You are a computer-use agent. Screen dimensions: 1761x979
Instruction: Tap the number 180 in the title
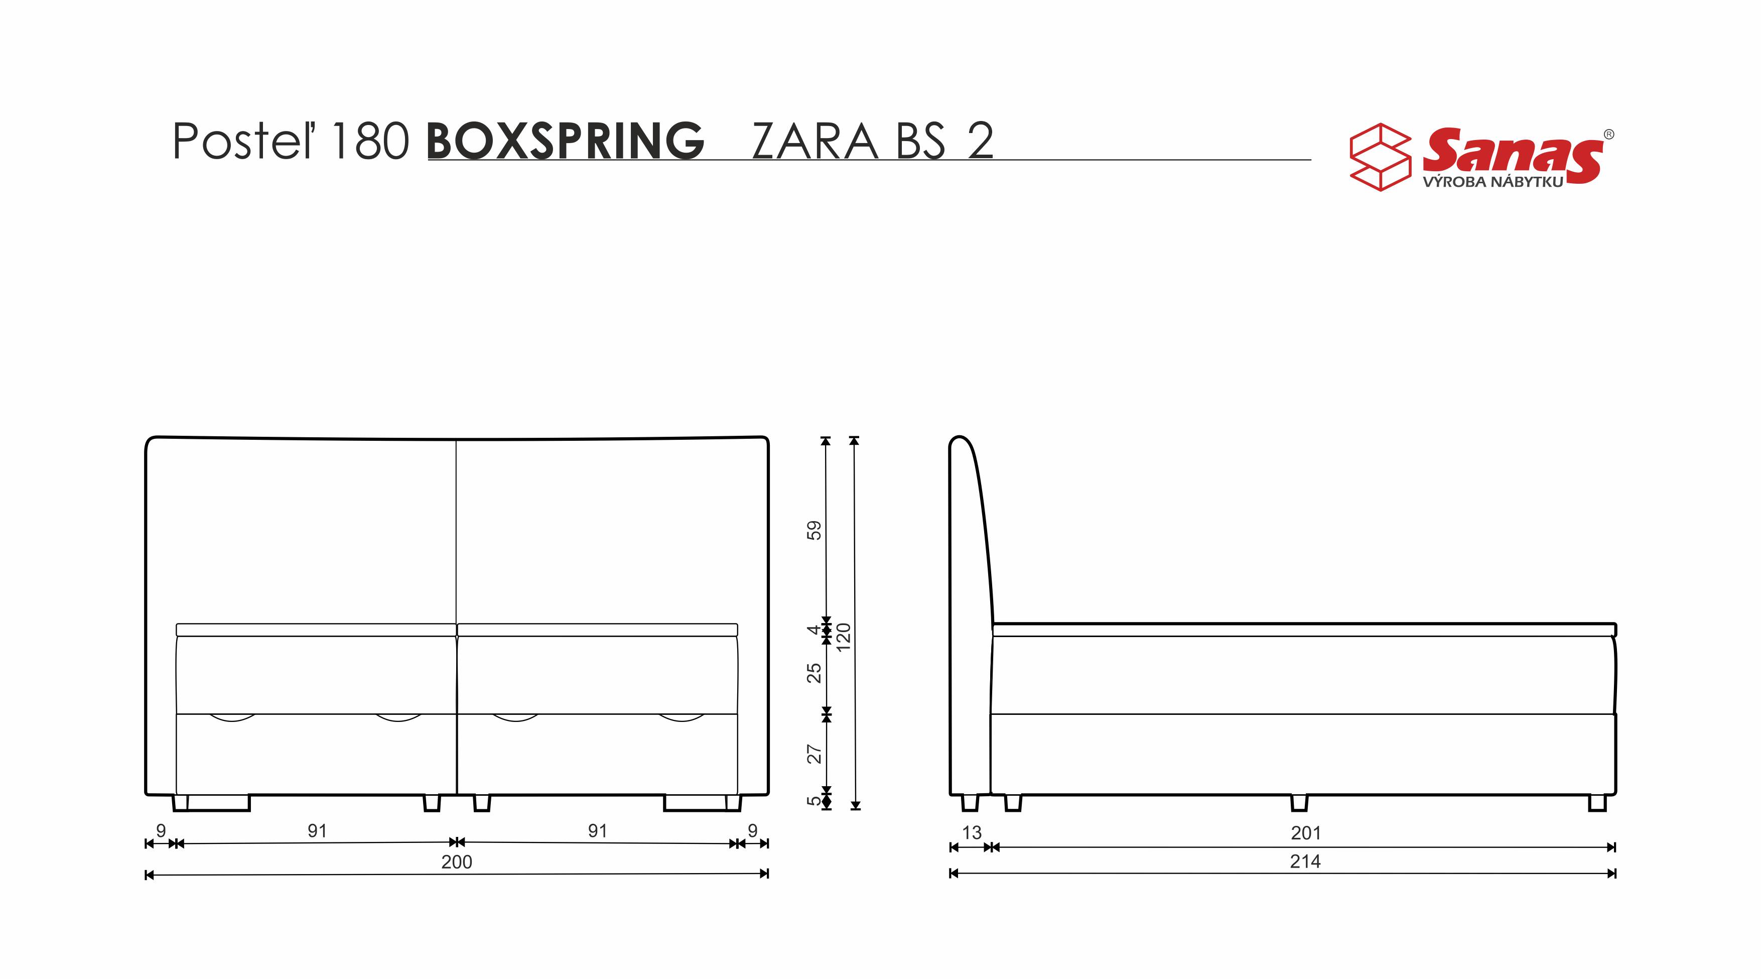pyautogui.click(x=370, y=141)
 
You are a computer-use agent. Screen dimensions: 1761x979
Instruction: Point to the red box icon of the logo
pyautogui.click(x=1380, y=157)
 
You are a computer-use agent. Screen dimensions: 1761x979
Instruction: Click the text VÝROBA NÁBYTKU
pyautogui.click(x=1493, y=182)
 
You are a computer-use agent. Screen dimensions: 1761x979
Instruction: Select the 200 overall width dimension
pyautogui.click(x=457, y=862)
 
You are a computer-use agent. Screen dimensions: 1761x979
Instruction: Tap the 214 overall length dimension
pyautogui.click(x=1305, y=862)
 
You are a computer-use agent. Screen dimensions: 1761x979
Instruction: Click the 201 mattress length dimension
pyautogui.click(x=1306, y=833)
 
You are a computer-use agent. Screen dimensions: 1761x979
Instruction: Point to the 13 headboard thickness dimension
pyautogui.click(x=972, y=833)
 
